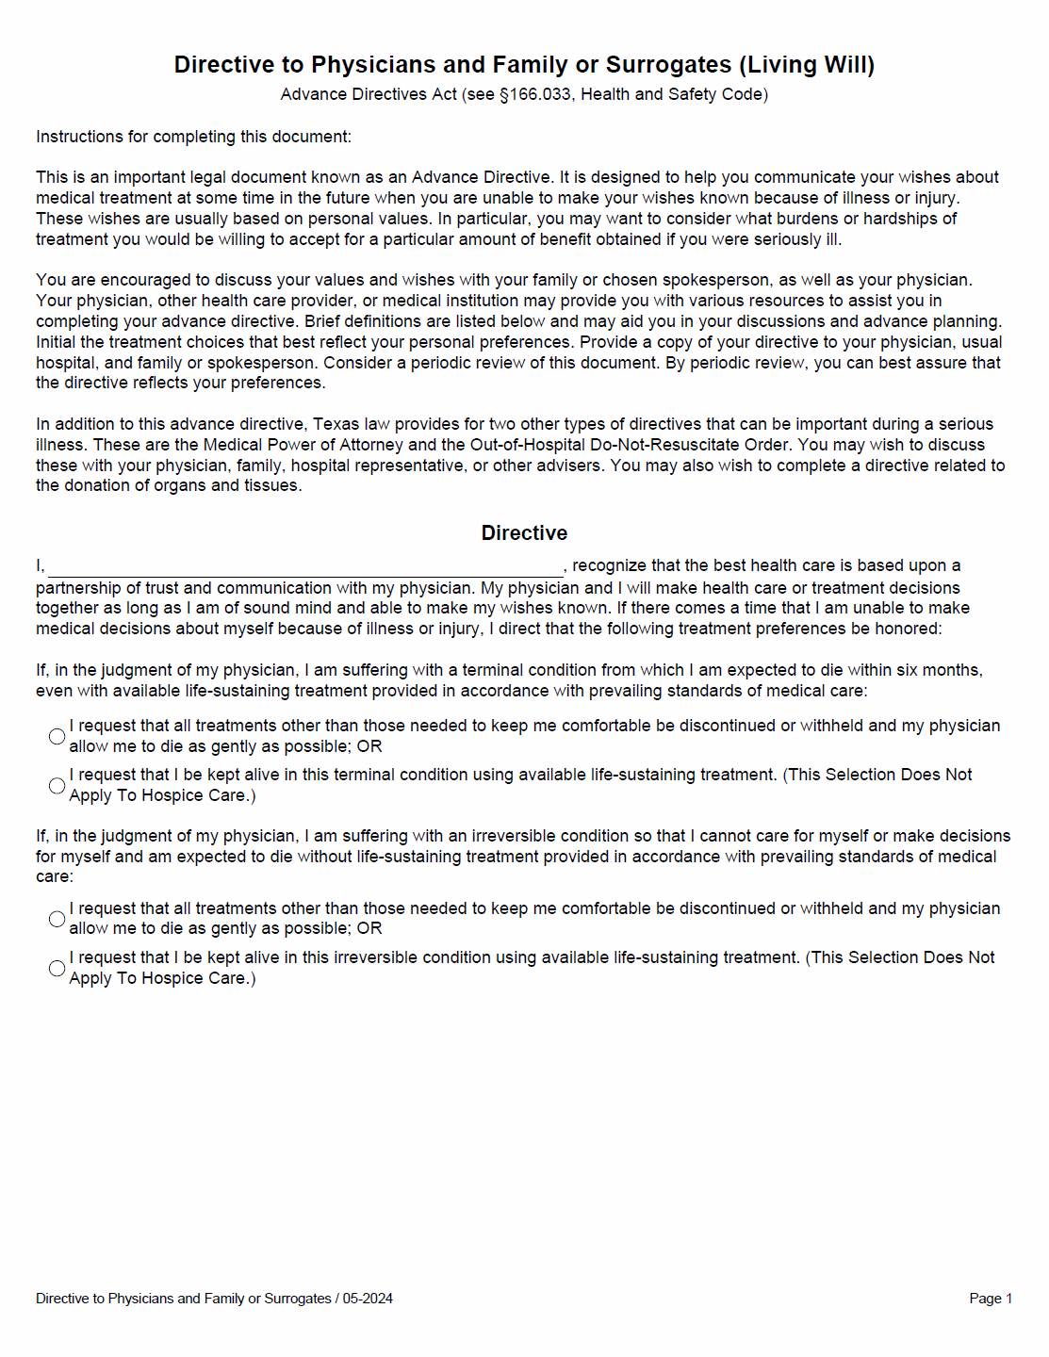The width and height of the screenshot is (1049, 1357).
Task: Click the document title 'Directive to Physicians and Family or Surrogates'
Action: pyautogui.click(x=452, y=65)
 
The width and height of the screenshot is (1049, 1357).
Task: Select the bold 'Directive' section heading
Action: pyautogui.click(x=524, y=533)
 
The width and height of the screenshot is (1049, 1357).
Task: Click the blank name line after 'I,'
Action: pyautogui.click(x=305, y=567)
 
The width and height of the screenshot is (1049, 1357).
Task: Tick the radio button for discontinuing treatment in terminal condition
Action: pyautogui.click(x=57, y=736)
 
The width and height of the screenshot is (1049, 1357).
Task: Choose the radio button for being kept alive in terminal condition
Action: pyautogui.click(x=57, y=785)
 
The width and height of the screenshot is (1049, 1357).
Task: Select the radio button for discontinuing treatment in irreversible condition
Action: pyautogui.click(x=57, y=919)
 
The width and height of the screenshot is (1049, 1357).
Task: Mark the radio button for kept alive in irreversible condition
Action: pyautogui.click(x=57, y=968)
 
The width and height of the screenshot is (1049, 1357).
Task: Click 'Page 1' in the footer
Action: pyautogui.click(x=990, y=1299)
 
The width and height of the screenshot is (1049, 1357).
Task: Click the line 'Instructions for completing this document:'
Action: pyautogui.click(x=193, y=137)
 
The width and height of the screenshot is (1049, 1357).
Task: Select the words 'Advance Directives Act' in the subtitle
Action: pyautogui.click(x=369, y=94)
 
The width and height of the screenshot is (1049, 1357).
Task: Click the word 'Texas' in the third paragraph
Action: pyautogui.click(x=336, y=424)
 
